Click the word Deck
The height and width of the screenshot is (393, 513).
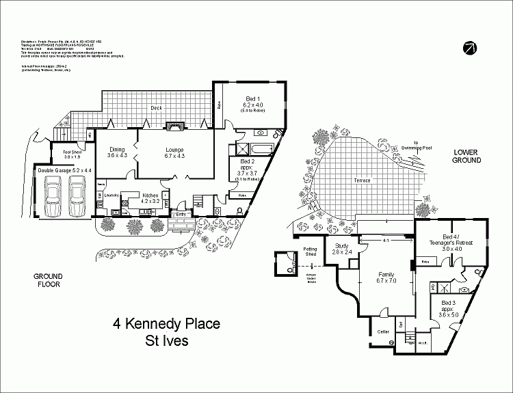point(156,108)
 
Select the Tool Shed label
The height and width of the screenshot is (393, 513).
point(72,154)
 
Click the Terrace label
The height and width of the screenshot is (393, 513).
point(362,180)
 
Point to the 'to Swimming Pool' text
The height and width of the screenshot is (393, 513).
point(417,146)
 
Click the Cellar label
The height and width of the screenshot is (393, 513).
point(383,331)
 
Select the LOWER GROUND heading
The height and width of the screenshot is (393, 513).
point(466,156)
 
